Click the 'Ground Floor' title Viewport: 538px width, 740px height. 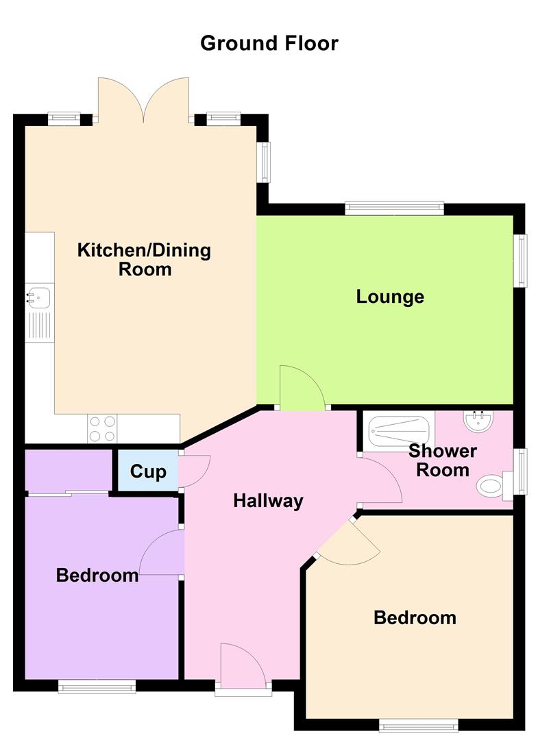269,43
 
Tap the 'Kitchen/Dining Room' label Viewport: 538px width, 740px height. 144,259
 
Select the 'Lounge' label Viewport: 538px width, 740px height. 390,297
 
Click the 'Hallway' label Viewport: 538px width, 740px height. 268,501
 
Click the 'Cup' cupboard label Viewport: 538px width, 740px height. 148,471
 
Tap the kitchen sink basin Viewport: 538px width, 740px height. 39,297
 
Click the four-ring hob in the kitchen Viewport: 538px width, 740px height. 102,429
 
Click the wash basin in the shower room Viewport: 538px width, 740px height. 478,419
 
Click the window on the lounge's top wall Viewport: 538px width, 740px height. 394,208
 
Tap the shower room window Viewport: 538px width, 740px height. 522,471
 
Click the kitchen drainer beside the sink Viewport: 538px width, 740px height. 39,325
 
